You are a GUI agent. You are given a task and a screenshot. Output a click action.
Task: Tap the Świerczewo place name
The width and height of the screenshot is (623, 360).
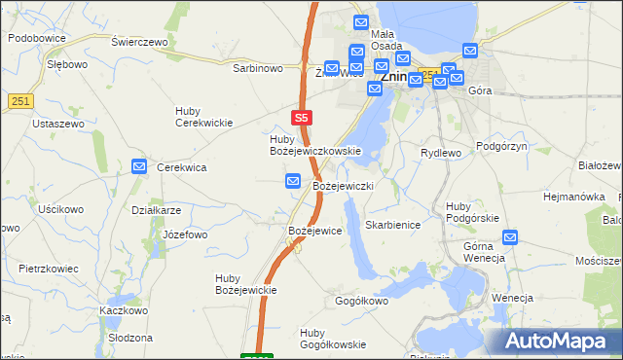tap(140, 43)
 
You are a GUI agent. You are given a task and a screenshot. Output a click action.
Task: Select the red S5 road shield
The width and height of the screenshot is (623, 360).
tap(302, 117)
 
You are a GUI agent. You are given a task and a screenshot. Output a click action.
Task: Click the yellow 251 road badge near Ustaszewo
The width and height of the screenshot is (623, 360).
tap(21, 101)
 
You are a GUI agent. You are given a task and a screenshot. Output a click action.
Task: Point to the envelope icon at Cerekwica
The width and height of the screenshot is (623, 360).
tap(139, 166)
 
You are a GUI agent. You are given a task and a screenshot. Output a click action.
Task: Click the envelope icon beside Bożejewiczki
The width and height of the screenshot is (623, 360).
tap(293, 181)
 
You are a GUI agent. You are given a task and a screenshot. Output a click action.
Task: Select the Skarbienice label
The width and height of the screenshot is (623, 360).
tap(392, 224)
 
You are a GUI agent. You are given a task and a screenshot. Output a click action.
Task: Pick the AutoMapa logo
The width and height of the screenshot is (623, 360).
tap(564, 340)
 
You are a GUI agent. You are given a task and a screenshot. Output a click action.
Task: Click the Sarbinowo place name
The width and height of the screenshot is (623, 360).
tap(257, 68)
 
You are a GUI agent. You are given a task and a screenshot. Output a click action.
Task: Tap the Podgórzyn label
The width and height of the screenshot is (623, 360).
tap(501, 145)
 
